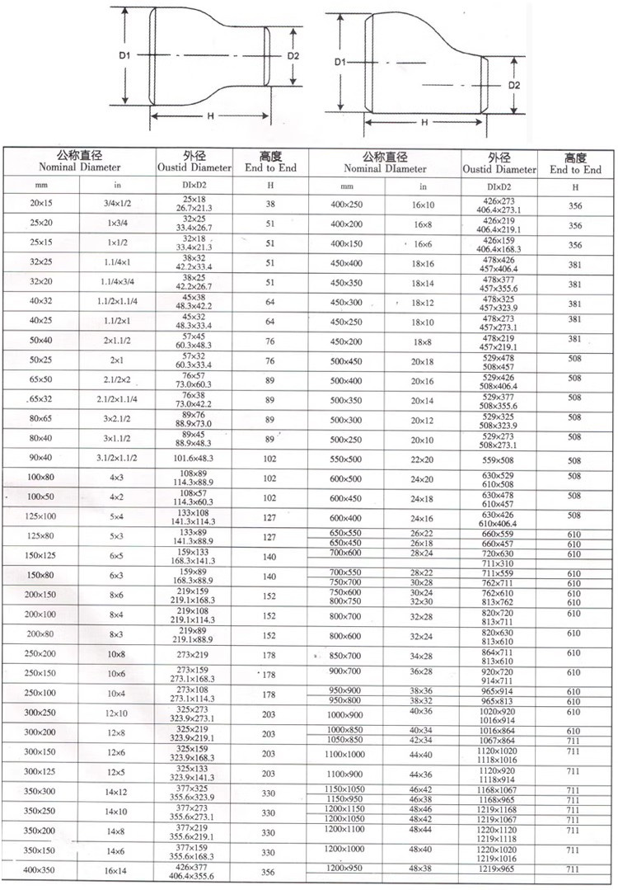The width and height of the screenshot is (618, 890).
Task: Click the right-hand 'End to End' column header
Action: click(575, 164)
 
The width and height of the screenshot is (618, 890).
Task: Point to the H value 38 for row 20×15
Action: click(269, 203)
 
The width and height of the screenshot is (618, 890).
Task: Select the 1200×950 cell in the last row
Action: click(346, 869)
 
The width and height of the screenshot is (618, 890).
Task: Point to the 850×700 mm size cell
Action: click(346, 656)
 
